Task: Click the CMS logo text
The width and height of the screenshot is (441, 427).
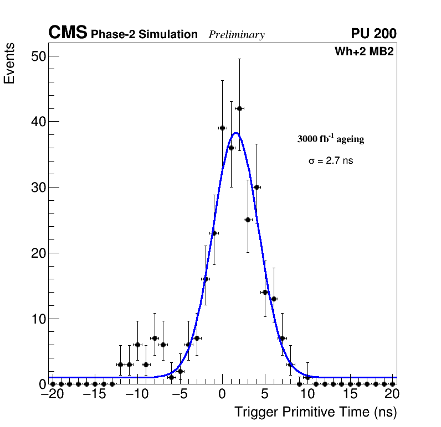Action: tap(68, 33)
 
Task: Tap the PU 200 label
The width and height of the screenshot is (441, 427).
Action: tap(373, 34)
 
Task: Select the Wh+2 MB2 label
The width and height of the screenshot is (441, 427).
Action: tap(364, 52)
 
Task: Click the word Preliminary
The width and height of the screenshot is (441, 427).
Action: tap(237, 35)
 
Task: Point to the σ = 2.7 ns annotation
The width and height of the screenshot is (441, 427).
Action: tap(330, 161)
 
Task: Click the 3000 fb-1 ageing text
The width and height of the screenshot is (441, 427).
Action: tap(331, 139)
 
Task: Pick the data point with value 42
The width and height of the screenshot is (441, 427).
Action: tap(239, 108)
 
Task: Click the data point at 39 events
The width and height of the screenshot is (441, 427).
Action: tap(222, 128)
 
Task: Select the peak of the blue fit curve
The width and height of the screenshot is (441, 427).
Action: tap(235, 133)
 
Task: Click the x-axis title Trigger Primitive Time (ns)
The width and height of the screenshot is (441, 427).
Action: tap(315, 412)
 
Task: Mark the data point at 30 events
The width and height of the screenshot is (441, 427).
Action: tap(257, 187)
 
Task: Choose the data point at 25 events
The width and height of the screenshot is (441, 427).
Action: tap(248, 220)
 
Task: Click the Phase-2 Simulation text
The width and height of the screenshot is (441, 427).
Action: tap(144, 35)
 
